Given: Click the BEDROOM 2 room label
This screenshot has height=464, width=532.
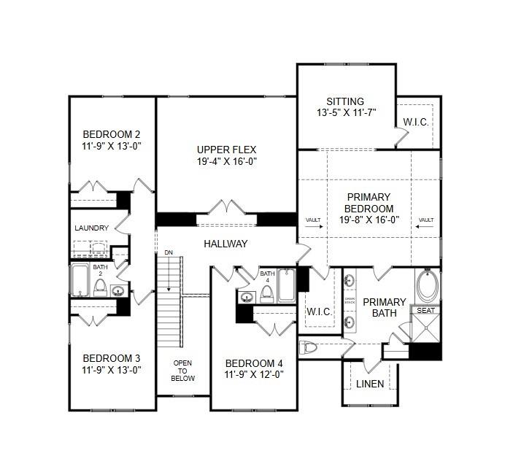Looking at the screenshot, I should click(x=111, y=134).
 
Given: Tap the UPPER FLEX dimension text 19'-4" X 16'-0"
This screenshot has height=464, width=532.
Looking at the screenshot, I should click(x=226, y=161).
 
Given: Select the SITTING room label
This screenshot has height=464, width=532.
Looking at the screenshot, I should click(x=345, y=101).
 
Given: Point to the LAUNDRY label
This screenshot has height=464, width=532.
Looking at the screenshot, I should click(x=91, y=228).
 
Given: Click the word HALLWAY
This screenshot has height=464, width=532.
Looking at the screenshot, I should click(x=225, y=244).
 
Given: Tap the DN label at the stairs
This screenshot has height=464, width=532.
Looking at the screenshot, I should click(x=169, y=253).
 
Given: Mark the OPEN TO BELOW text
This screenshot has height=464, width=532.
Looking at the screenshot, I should click(x=183, y=371).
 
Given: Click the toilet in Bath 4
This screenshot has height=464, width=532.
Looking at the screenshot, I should click(x=267, y=294).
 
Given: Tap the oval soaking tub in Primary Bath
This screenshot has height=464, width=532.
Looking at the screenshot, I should click(x=428, y=286).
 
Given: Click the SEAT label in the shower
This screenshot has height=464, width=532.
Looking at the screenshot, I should click(x=425, y=310).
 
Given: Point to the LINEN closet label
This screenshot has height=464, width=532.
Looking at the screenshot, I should click(x=370, y=384).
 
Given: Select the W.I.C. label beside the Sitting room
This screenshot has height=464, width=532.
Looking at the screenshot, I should click(x=417, y=122).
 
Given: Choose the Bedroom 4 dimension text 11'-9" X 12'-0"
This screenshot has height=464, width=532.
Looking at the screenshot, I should click(x=254, y=375).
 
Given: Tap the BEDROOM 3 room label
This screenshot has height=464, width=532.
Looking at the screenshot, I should click(x=111, y=358).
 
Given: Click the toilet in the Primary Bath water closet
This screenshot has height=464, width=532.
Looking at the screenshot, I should click(x=309, y=347).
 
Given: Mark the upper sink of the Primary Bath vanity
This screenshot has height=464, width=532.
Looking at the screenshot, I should click(x=349, y=281).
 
